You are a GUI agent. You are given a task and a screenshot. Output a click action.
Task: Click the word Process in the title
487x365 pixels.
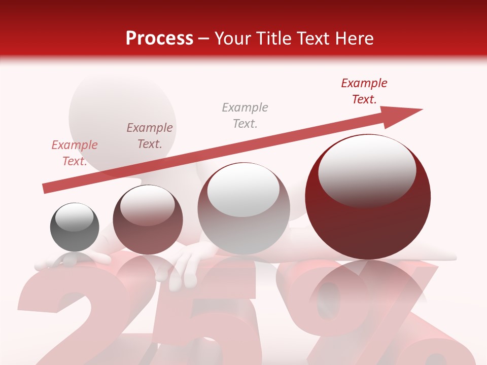159,38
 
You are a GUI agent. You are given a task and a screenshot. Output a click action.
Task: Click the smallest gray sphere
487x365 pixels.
75,227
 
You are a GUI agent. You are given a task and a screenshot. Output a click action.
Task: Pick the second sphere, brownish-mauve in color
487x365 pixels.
148,220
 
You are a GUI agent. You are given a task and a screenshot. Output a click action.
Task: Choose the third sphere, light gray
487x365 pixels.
243,208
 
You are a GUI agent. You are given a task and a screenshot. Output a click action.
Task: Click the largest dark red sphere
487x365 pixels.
368,197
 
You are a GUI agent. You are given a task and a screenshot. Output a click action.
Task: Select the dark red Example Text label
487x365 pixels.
364,91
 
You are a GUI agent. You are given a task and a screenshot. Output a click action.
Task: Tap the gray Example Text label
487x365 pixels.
245,115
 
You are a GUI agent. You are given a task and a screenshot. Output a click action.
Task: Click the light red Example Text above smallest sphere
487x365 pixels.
75,153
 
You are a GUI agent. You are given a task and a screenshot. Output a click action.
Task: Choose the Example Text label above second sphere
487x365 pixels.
150,135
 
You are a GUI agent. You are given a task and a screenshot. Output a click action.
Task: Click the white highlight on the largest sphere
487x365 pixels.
367,170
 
